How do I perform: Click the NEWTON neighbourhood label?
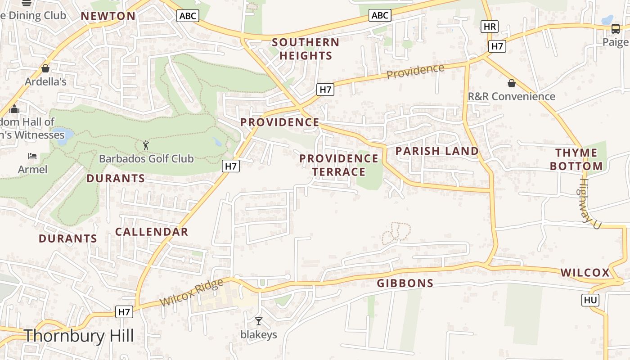click(x=108, y=16)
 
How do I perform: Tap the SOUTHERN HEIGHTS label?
click(x=306, y=49)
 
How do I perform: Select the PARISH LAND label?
click(x=437, y=151)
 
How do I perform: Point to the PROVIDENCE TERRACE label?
click(x=339, y=165)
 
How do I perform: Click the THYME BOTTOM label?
click(x=576, y=159)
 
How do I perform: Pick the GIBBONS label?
click(x=405, y=283)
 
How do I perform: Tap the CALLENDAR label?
click(x=152, y=232)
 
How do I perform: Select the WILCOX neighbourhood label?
click(x=585, y=273)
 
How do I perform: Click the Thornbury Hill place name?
click(x=79, y=336)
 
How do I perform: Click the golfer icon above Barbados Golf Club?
click(x=146, y=145)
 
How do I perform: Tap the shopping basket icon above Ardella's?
click(x=45, y=69)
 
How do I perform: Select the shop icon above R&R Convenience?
click(x=511, y=83)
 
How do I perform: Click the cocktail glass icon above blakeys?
click(x=258, y=321)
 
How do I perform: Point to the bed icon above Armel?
click(x=32, y=156)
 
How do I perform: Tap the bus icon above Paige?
click(x=615, y=29)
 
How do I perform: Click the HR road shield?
click(x=489, y=27)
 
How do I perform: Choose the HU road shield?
click(x=590, y=300)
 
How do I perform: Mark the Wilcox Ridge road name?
click(x=191, y=292)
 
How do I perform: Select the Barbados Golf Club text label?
click(x=146, y=159)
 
